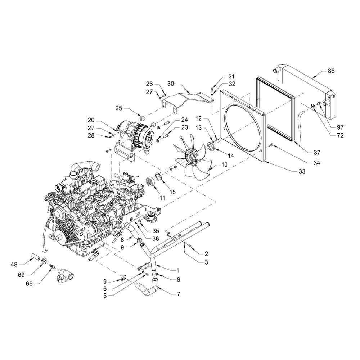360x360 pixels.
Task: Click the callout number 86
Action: [x=331, y=71]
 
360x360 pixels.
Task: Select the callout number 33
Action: [x=302, y=171]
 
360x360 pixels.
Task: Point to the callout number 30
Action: [x=171, y=84]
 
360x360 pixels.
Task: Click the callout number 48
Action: [x=14, y=265]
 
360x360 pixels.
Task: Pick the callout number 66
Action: [x=29, y=284]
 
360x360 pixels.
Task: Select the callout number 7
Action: [x=179, y=294]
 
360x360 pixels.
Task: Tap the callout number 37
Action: [x=317, y=152]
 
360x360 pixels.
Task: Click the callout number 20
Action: [x=91, y=120]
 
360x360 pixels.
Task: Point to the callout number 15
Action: [x=172, y=192]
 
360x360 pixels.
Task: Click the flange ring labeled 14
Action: [x=211, y=147]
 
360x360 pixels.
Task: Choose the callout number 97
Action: [x=340, y=127]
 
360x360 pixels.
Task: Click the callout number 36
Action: [x=156, y=239]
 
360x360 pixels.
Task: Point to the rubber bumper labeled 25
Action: [x=143, y=118]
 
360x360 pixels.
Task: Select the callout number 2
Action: [x=206, y=254]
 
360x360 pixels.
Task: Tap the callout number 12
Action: [x=198, y=119]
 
